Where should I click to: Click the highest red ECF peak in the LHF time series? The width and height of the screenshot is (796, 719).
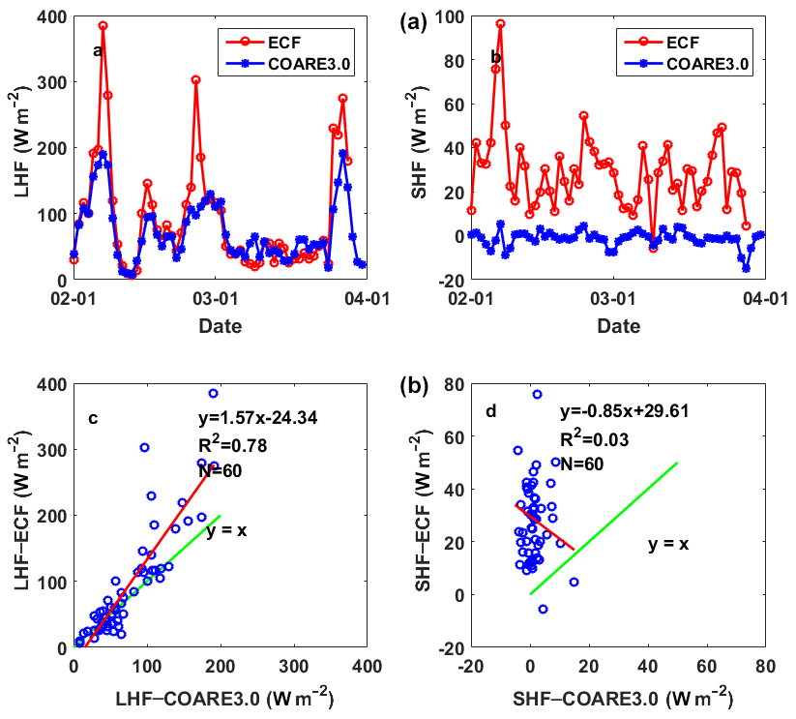103,26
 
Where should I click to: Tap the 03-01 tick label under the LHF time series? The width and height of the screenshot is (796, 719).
220,300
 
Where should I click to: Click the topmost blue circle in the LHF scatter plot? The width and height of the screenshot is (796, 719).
213,394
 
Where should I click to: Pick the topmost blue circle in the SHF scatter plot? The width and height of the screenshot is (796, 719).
537,394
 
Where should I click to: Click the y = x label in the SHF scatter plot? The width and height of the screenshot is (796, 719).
668,545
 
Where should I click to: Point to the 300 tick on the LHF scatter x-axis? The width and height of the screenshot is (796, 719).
292,668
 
